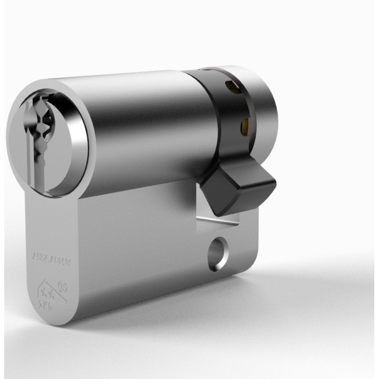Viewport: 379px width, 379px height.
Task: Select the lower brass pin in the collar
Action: pos(244,125)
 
